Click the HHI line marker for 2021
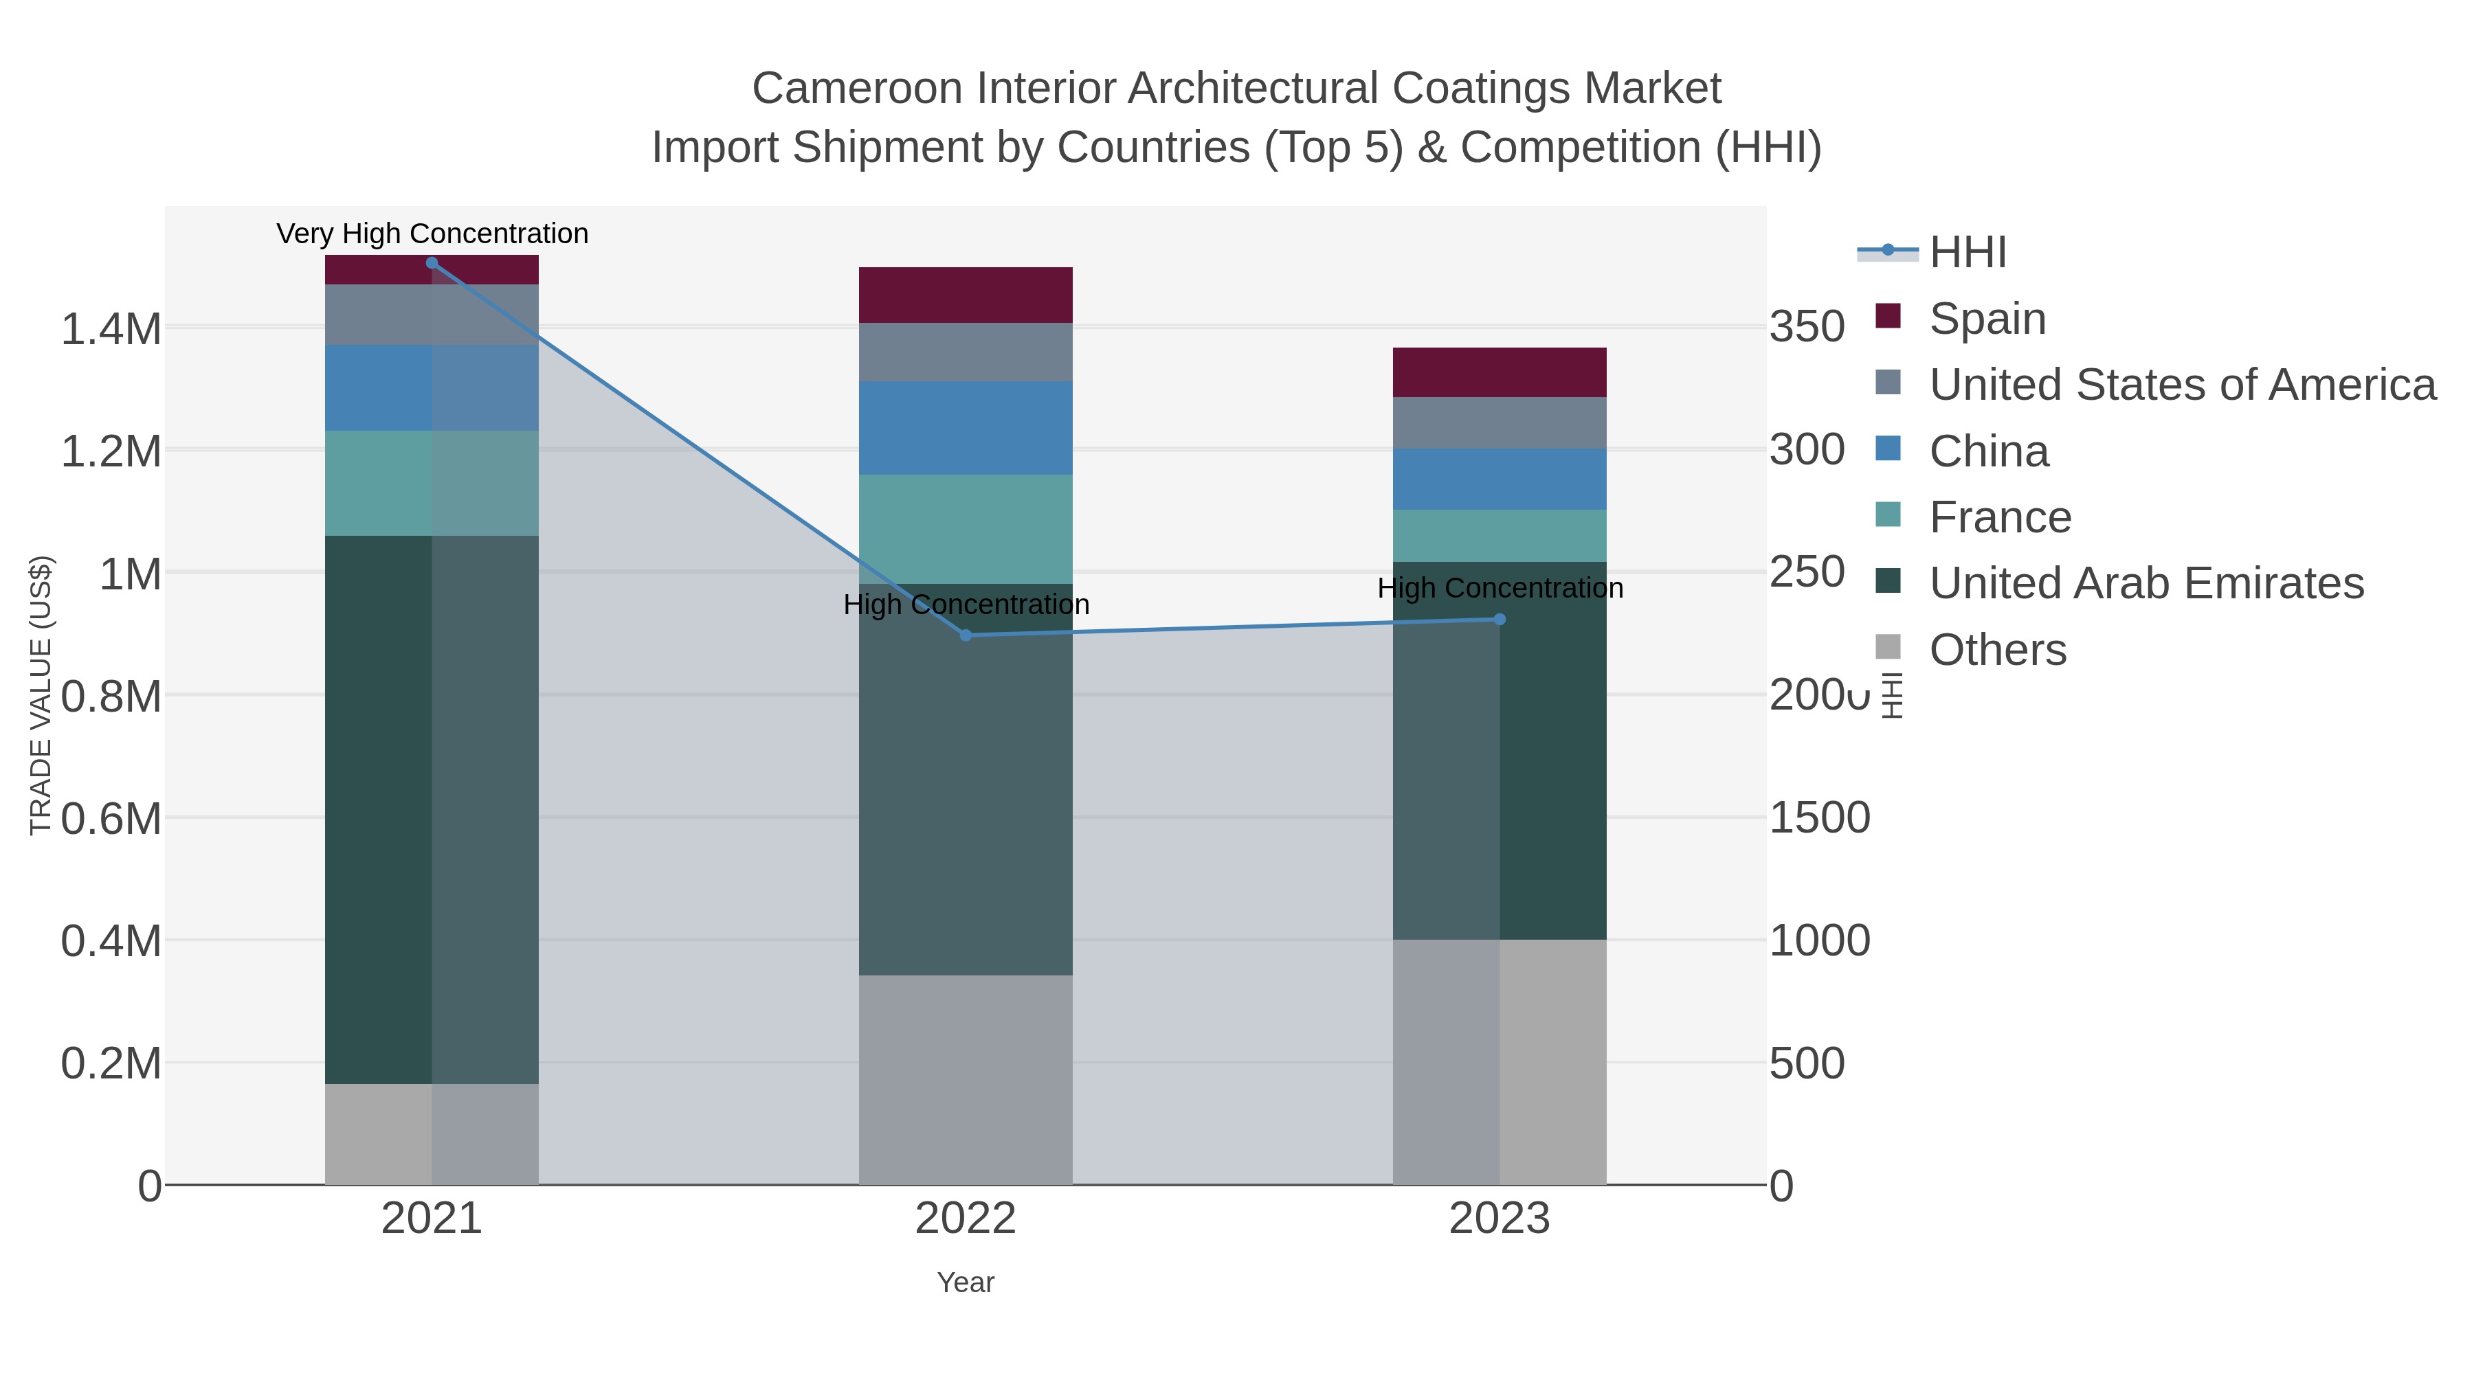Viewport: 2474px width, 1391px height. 431,263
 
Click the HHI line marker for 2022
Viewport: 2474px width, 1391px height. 966,635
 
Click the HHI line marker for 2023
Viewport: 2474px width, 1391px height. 1500,619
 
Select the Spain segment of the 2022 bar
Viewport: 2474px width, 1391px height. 966,295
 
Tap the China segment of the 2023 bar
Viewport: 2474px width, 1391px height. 1500,479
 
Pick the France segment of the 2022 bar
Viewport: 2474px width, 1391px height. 966,529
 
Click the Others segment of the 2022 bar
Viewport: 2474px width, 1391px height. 966,1080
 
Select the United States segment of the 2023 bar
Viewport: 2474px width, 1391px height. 1500,422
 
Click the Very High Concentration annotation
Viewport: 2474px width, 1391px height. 432,234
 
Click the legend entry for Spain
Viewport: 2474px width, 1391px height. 1987,319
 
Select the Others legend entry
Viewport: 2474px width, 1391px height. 1996,650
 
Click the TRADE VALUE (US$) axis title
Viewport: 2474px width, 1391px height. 41,695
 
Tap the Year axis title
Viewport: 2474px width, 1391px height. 966,1282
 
